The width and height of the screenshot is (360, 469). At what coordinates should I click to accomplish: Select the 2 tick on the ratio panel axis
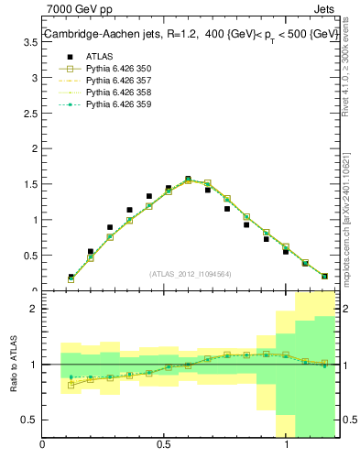pos(33,309)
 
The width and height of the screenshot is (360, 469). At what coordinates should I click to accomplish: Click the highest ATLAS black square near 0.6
pos(188,180)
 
